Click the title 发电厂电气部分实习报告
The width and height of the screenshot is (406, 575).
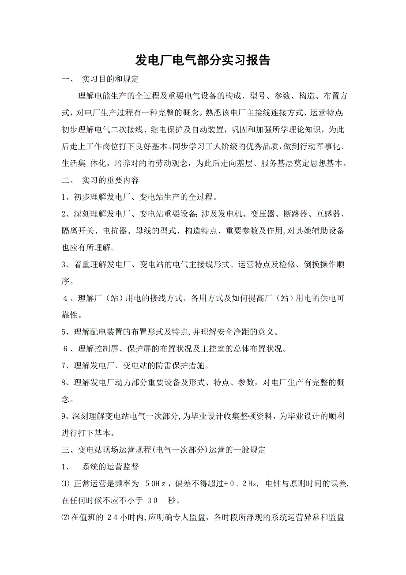tap(203, 61)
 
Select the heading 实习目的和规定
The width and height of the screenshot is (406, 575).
tap(110, 79)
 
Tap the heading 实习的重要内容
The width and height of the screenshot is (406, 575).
tap(110, 181)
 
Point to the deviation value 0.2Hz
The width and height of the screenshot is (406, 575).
tap(243, 484)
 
